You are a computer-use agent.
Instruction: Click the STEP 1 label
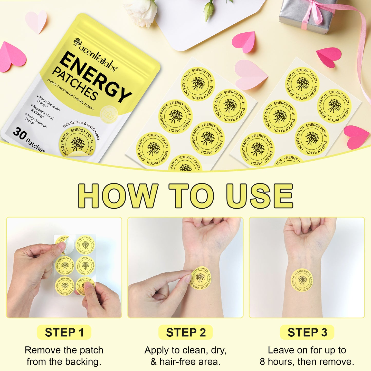64,332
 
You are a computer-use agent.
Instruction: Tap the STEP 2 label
186,332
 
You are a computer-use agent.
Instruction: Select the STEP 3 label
307,332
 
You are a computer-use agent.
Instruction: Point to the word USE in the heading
259,196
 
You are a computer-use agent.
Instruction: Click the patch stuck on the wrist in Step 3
302,280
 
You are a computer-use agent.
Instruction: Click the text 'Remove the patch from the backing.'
64,356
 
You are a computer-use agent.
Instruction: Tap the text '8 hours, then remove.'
307,362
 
